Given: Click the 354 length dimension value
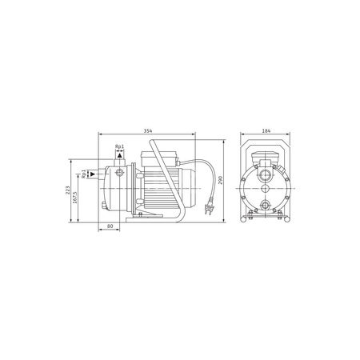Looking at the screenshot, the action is [148, 130].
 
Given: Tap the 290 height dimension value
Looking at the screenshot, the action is [220, 180].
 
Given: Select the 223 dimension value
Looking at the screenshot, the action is [68, 190].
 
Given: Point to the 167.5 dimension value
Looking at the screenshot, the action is [74, 198].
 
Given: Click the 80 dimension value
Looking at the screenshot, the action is [110, 226].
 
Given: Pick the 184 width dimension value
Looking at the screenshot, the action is [266, 130].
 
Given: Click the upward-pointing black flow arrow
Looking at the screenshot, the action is [120, 155].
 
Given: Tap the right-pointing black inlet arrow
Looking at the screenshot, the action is [93, 174].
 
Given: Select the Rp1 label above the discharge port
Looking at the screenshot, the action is [120, 146].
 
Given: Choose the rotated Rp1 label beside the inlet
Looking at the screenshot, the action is [84, 174].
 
